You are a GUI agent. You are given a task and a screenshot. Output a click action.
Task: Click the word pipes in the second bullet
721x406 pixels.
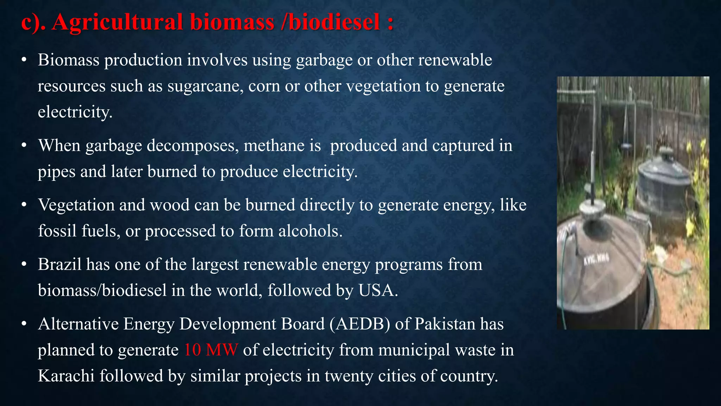56,172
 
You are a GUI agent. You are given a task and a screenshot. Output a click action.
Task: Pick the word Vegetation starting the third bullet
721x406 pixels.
76,205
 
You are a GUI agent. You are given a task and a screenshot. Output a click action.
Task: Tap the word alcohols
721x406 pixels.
310,231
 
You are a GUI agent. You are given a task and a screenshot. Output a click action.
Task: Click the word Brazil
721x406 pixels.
60,264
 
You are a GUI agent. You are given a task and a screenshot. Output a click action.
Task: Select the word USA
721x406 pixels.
377,290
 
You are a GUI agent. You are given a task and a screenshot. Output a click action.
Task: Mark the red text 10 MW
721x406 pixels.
211,350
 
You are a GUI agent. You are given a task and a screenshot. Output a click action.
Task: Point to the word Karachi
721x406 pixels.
66,376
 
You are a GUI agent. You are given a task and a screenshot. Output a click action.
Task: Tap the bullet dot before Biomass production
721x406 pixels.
24,60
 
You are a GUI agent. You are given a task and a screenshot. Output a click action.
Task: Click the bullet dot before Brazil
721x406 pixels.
24,264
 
